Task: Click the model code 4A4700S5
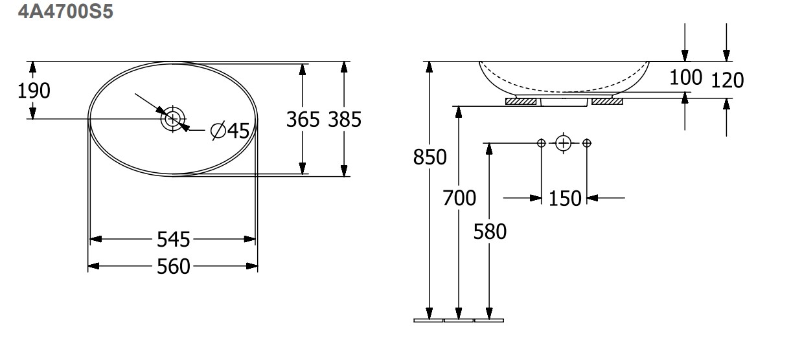(x=65, y=11)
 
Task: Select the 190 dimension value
(x=34, y=91)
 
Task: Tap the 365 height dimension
(x=303, y=120)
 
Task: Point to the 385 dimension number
(x=345, y=120)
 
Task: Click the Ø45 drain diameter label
(x=230, y=131)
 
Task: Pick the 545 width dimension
(x=173, y=240)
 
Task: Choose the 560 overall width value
(x=173, y=267)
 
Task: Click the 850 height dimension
(x=430, y=157)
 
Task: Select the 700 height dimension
(x=459, y=198)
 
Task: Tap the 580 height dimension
(x=490, y=231)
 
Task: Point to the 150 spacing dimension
(x=565, y=199)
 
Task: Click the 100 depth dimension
(x=685, y=78)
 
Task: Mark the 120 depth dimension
(x=727, y=80)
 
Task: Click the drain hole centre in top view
(x=172, y=118)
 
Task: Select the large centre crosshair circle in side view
(x=563, y=144)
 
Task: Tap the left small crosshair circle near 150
(x=542, y=143)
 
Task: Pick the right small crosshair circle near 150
(x=586, y=143)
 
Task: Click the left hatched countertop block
(x=521, y=102)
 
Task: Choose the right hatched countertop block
(x=607, y=102)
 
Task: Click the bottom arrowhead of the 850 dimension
(x=430, y=313)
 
